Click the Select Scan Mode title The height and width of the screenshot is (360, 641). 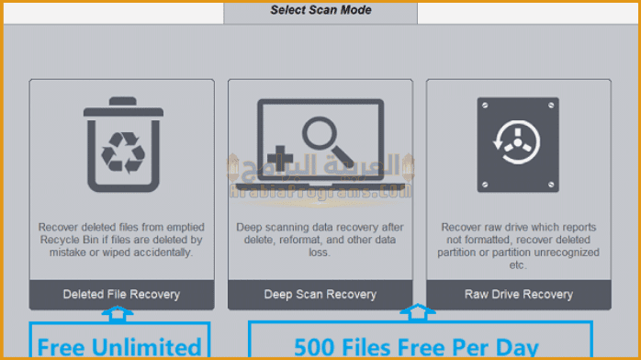tap(320, 11)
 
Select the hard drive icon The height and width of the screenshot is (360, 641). tap(518, 145)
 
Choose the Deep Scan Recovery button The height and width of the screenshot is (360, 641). tap(320, 295)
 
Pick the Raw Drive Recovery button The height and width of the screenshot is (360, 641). tap(518, 295)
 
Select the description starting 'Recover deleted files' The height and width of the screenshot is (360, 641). tap(121, 239)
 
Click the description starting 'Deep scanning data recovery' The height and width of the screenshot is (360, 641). tap(320, 239)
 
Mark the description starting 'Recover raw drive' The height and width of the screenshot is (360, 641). tap(518, 245)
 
